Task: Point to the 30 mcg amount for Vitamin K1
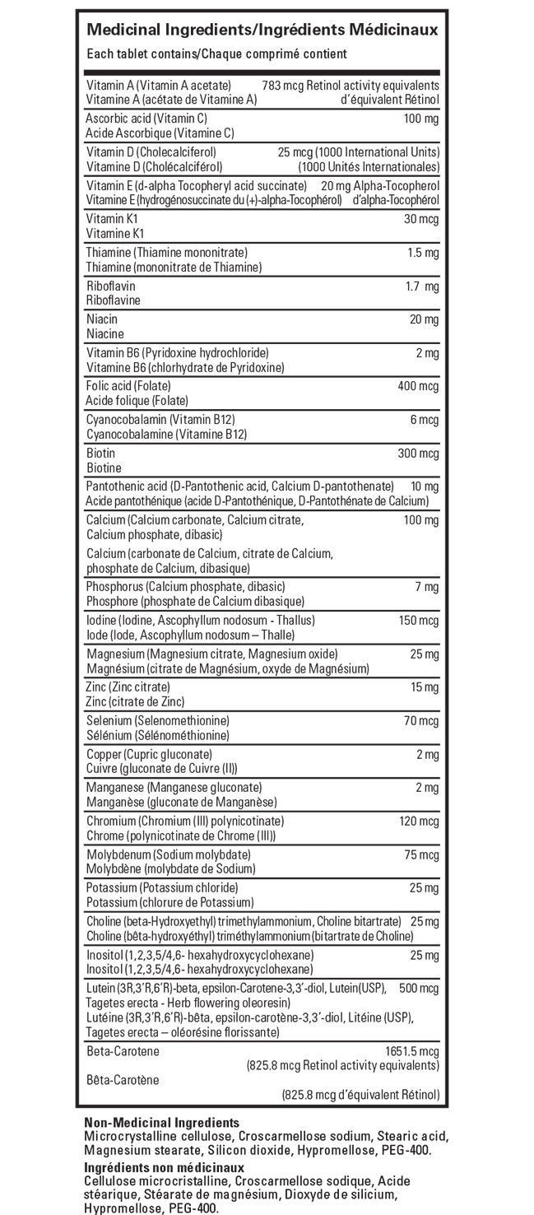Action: (421, 220)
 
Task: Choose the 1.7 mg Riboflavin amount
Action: (422, 286)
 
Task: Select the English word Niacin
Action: (102, 319)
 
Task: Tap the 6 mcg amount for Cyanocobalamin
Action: (424, 420)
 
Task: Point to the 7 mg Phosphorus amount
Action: (427, 587)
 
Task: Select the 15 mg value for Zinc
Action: (425, 687)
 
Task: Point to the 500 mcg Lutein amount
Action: (419, 988)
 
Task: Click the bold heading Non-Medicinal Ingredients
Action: (162, 1122)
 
